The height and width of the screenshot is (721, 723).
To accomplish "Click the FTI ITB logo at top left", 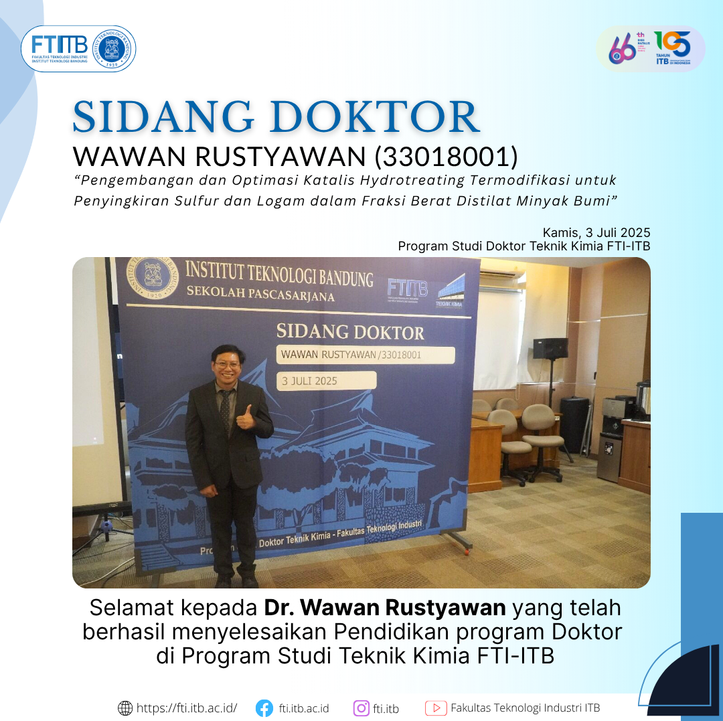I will click(60, 48).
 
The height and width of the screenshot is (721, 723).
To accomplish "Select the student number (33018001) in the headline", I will click(446, 156).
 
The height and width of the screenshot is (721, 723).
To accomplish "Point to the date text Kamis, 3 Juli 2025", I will click(596, 233).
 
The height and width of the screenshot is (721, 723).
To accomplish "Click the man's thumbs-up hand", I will click(246, 417).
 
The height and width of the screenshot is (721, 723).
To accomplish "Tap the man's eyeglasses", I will click(227, 365).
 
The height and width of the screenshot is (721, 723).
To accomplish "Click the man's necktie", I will click(226, 408).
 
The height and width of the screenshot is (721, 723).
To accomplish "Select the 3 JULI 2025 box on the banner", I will click(326, 381).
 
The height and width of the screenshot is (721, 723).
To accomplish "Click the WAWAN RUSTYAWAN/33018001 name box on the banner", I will click(365, 355).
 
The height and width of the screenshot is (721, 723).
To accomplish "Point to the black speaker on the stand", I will click(550, 349).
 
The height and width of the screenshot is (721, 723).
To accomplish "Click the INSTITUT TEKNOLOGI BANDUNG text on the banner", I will click(278, 274).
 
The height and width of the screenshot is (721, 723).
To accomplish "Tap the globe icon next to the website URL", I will click(125, 708).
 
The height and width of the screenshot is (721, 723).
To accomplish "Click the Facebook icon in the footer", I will click(264, 708).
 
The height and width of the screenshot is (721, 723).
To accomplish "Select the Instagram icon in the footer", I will click(361, 708).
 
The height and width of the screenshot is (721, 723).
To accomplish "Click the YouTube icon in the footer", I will click(436, 708).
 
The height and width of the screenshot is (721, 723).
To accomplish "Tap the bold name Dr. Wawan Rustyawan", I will click(385, 608).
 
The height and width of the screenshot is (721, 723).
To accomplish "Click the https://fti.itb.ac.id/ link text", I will click(187, 708).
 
